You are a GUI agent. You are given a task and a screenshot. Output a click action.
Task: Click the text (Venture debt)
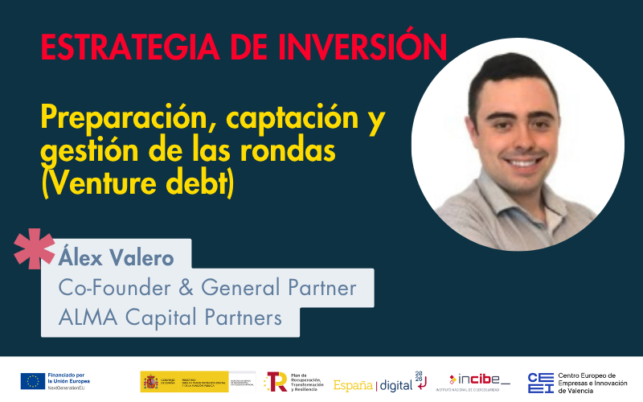(x=137, y=183)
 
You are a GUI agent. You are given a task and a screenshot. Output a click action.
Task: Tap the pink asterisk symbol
(x=35, y=248)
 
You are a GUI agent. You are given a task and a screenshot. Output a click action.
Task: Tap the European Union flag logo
(x=33, y=380)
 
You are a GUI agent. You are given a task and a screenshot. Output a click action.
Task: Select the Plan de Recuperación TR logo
(x=275, y=381)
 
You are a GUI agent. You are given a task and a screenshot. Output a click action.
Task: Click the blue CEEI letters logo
(x=539, y=381)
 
